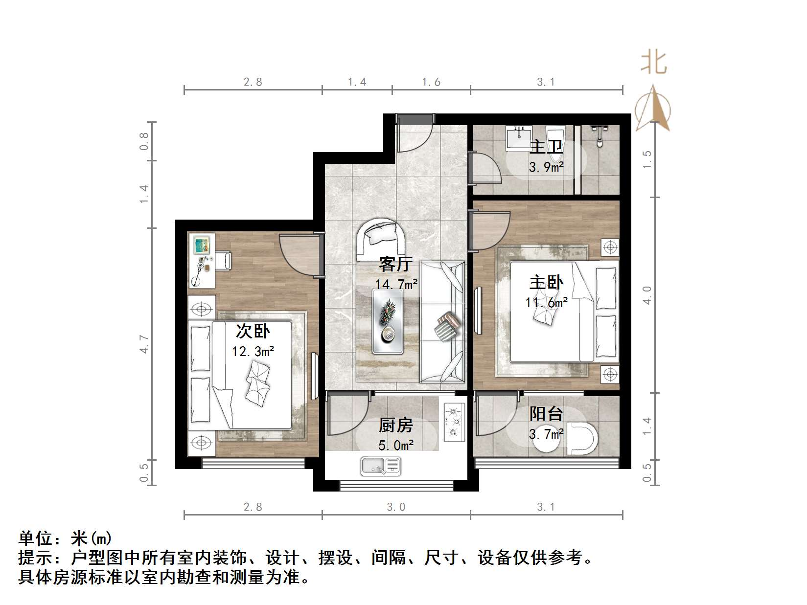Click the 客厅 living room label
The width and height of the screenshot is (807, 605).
click(395, 265)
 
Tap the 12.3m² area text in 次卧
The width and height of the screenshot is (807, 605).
click(253, 351)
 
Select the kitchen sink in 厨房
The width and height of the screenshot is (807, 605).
click(381, 466)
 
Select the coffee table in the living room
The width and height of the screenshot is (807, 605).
click(388, 321)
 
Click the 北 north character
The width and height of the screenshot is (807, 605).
click(654, 63)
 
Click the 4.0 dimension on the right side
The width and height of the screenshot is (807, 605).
click(647, 295)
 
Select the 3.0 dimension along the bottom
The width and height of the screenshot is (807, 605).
click(396, 507)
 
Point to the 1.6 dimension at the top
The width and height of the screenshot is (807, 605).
click(431, 82)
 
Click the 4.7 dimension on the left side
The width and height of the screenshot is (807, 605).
click(144, 344)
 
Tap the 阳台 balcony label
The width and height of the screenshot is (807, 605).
click(546, 414)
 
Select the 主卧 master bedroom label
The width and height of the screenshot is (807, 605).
click(546, 282)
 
